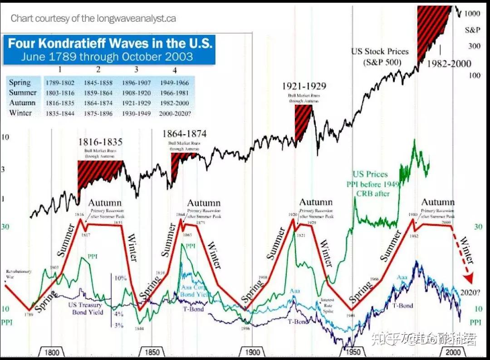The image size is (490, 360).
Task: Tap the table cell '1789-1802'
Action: (60, 83)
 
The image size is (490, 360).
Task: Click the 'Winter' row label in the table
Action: (20, 112)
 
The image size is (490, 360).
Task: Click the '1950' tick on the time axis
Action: (353, 353)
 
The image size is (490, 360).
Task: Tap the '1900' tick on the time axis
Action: (252, 353)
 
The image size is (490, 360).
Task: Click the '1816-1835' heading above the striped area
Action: (101, 142)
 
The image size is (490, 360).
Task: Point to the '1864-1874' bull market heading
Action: (184, 134)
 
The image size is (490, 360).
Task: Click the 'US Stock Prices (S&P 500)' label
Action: (380, 57)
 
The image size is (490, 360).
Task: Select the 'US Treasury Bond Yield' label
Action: (86, 308)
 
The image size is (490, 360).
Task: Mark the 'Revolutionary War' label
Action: (19, 274)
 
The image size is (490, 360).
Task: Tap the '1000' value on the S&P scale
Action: (472, 14)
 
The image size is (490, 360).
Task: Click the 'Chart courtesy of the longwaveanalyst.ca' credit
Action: (93, 19)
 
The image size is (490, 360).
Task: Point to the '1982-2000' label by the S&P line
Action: (449, 63)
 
